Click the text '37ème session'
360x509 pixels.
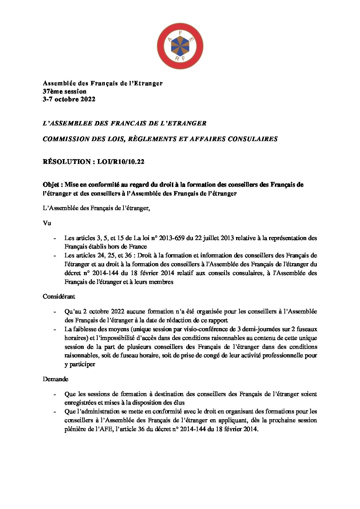pyautogui.click(x=64, y=91)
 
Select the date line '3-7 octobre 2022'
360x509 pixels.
pyautogui.click(x=69, y=99)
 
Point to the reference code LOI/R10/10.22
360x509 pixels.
pyautogui.click(x=120, y=162)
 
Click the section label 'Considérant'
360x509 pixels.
pyautogui.click(x=59, y=296)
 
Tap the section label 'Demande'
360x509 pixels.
pyautogui.click(x=55, y=379)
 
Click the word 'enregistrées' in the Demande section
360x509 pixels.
pyautogui.click(x=80, y=403)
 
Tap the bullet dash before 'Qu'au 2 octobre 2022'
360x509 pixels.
pyautogui.click(x=55, y=311)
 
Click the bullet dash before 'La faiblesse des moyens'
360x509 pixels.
pyautogui.click(x=55, y=329)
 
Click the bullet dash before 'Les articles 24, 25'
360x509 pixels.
pyautogui.click(x=55, y=255)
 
